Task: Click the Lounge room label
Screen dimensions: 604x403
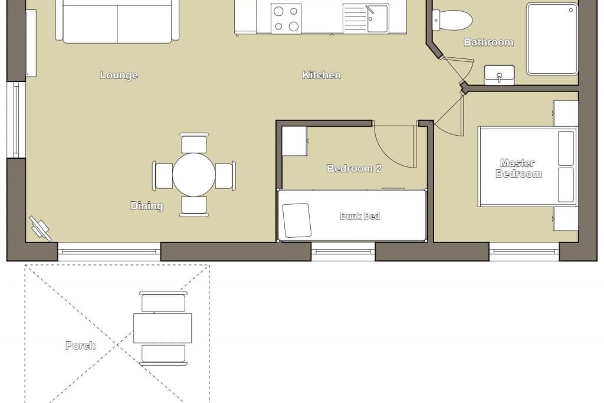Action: [x=119, y=75]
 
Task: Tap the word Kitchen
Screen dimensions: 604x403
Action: [x=321, y=75]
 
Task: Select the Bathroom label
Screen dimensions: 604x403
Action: [x=488, y=42]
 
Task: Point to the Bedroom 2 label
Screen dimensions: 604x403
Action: [x=354, y=168]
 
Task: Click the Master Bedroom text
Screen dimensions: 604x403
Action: [x=518, y=168]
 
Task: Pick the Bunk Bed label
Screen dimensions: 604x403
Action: [x=360, y=216]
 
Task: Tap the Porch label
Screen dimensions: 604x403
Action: [x=80, y=346]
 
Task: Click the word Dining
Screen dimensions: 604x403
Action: [x=147, y=206]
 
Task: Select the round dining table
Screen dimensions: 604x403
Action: [x=193, y=175]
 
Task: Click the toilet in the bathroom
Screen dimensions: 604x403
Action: [x=452, y=19]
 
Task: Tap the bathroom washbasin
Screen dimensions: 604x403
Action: [x=499, y=75]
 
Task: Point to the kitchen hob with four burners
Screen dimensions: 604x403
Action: [x=286, y=18]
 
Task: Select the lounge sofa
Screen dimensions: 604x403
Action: [x=117, y=21]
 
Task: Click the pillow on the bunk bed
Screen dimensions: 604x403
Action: [x=297, y=220]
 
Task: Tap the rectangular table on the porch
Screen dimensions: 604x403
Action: [x=163, y=328]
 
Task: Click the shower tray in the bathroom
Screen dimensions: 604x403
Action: [x=552, y=39]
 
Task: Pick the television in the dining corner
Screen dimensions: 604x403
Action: [x=40, y=228]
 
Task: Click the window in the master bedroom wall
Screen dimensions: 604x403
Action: [x=524, y=251]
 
